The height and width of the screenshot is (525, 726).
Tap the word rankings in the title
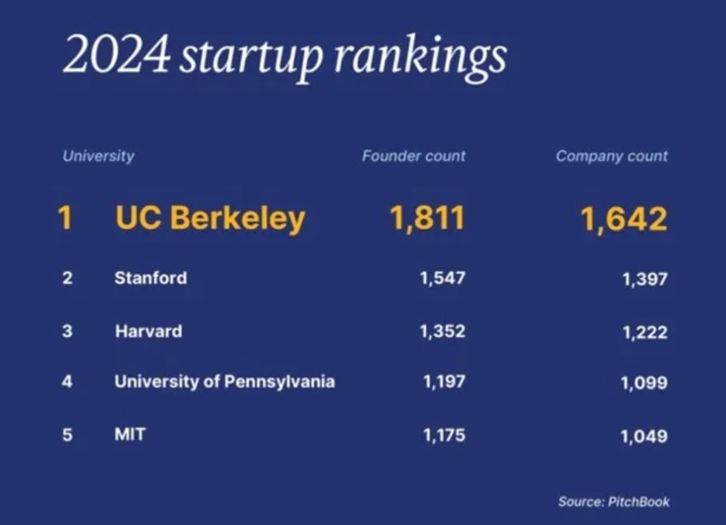(x=420, y=57)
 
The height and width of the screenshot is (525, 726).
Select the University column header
(x=98, y=156)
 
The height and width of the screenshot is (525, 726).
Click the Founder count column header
(x=413, y=156)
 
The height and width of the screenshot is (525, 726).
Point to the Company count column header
(x=612, y=156)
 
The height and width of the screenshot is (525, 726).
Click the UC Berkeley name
(x=210, y=218)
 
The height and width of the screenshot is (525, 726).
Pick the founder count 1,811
(x=428, y=218)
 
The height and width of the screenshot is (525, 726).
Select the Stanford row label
(x=150, y=278)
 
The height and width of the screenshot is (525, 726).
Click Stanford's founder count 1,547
(x=443, y=278)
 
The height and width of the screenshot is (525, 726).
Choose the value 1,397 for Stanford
(x=644, y=279)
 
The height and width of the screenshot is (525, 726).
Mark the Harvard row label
(x=148, y=331)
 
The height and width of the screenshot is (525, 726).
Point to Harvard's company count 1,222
(x=644, y=332)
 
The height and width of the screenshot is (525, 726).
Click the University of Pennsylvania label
(x=224, y=382)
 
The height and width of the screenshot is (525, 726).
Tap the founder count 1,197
(x=444, y=383)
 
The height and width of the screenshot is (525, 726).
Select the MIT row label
(x=130, y=434)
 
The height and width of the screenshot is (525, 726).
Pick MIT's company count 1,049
(x=644, y=436)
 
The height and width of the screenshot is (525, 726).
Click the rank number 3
(x=67, y=331)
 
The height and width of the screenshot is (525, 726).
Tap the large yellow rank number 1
(x=65, y=218)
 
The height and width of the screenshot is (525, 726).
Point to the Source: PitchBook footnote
(x=614, y=501)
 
